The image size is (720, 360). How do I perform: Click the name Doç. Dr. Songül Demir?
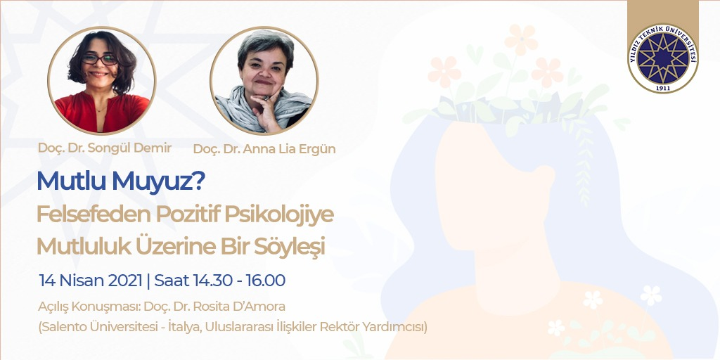[x=105, y=148]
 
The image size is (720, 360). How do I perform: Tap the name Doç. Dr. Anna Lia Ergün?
[x=264, y=149]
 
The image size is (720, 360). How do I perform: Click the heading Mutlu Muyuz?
[x=121, y=182]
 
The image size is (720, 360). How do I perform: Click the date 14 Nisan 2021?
[x=91, y=280]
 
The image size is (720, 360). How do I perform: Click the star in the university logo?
[x=663, y=58]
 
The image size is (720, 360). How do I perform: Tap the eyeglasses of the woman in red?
[x=100, y=59]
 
